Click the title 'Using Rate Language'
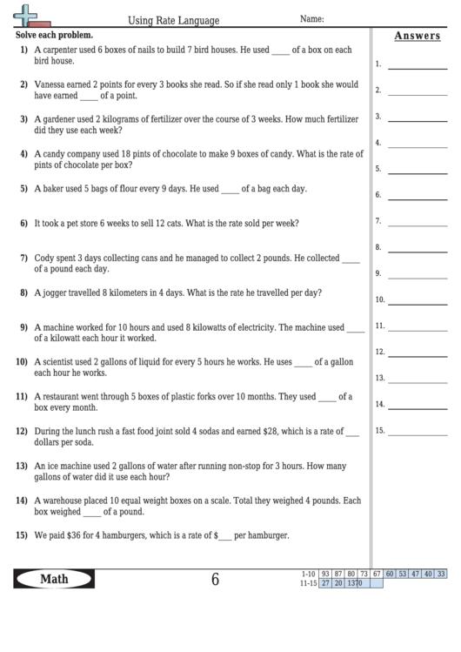pos(174,19)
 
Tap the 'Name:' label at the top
pos(311,18)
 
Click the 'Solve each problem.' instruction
pos(53,36)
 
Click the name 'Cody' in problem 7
pos(43,258)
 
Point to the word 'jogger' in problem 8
pos(56,293)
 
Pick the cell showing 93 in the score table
pos(324,574)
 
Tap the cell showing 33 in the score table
pos(441,574)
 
